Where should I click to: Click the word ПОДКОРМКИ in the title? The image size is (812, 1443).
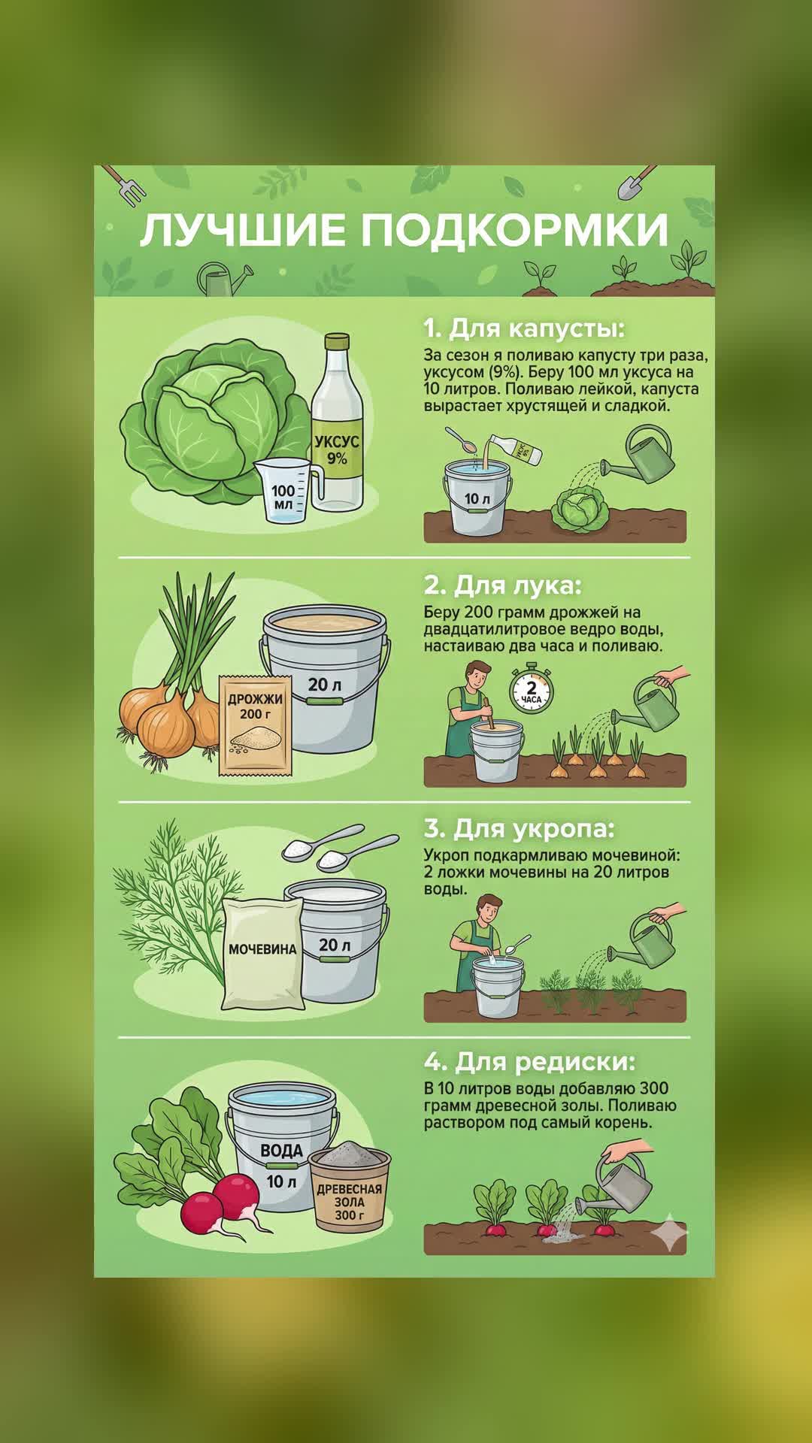(514, 230)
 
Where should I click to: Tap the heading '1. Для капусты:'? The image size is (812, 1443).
(524, 328)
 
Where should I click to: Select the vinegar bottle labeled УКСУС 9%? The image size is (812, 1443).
(337, 424)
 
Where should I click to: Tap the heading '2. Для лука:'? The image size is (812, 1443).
(502, 585)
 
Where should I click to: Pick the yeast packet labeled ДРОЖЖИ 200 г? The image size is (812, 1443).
(256, 725)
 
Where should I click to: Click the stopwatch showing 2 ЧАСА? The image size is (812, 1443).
(531, 690)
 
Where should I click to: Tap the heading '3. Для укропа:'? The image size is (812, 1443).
(519, 828)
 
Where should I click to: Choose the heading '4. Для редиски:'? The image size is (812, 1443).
(529, 1061)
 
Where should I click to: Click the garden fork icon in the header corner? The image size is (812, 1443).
(125, 185)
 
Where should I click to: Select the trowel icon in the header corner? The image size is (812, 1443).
(636, 182)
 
